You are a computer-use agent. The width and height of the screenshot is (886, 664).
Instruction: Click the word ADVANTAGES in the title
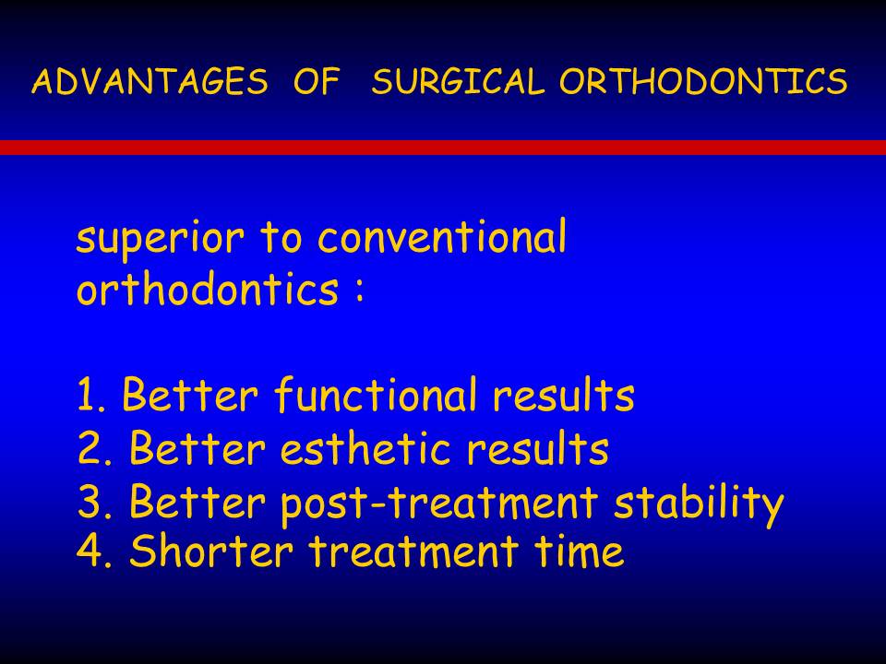(x=150, y=81)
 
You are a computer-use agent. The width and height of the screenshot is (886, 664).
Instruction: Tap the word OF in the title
(x=317, y=81)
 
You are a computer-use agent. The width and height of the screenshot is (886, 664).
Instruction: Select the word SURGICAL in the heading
(x=458, y=81)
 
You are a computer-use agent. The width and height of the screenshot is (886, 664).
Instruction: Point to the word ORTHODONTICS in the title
(x=703, y=81)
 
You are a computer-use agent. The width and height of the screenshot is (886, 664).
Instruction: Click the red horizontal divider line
(x=443, y=148)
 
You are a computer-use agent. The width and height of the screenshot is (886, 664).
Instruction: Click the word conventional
(x=442, y=236)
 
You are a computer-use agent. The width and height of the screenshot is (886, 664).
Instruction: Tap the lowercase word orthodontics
(x=208, y=288)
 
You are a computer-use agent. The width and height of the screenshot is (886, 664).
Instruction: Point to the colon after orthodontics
(x=359, y=291)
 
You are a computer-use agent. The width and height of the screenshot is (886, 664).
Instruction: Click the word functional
(x=377, y=394)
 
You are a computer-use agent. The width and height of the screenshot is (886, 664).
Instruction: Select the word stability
(x=699, y=502)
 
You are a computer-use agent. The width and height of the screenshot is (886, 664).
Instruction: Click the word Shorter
(x=211, y=550)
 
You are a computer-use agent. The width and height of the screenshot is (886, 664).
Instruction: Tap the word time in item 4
(x=580, y=551)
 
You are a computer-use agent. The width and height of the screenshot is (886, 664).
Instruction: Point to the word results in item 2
(x=538, y=447)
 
